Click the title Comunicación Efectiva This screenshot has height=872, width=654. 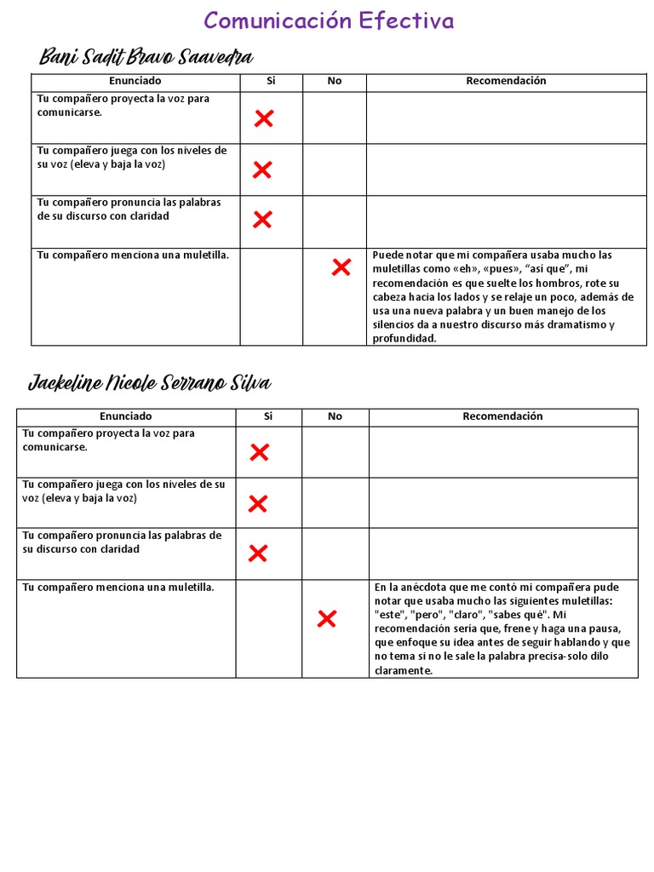(329, 20)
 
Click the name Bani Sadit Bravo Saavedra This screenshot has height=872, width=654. (146, 57)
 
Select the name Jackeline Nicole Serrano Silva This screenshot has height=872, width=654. (150, 383)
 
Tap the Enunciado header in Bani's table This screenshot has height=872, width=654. (135, 81)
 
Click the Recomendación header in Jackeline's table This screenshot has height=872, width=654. (502, 416)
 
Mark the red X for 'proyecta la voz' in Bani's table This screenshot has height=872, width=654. (263, 118)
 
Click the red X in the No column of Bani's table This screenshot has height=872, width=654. (341, 268)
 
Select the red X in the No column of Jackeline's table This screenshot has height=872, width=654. (326, 619)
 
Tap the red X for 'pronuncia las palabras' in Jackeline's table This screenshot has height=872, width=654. (257, 554)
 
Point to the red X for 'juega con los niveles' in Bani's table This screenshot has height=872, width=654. (262, 169)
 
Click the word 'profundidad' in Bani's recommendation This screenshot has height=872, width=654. (404, 338)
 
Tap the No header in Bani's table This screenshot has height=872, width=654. (335, 81)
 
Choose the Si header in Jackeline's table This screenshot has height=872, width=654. (268, 416)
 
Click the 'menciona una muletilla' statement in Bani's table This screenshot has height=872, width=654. (133, 255)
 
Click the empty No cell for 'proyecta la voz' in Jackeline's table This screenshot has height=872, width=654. (335, 452)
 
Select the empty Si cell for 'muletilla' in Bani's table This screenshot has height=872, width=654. (271, 296)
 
